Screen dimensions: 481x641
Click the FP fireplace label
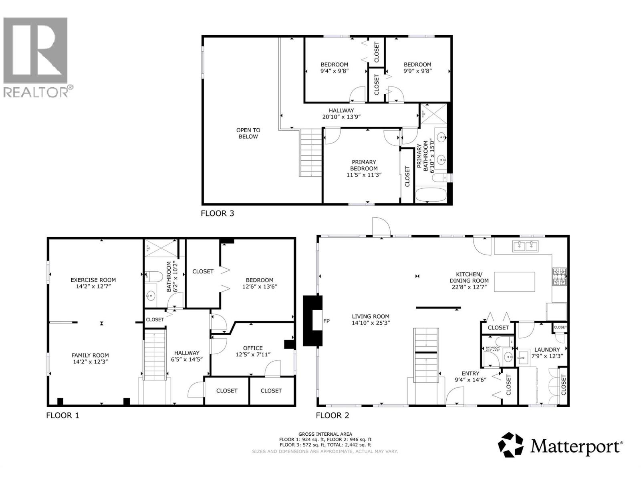click(327, 321)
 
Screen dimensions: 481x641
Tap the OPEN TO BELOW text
click(248, 133)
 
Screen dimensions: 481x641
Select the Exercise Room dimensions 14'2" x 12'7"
click(93, 287)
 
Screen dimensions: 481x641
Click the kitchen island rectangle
click(514, 282)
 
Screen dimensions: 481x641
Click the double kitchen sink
click(526, 246)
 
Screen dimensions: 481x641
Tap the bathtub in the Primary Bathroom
click(431, 195)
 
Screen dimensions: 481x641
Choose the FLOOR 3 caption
click(217, 213)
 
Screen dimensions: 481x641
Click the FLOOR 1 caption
click(62, 415)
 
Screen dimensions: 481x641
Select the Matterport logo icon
click(511, 445)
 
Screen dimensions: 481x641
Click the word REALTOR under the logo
click(36, 92)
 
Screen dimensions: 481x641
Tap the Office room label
click(253, 348)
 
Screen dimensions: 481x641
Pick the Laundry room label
click(546, 350)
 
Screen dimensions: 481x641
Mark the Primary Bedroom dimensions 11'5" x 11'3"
click(364, 175)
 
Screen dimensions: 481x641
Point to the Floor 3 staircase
click(311, 152)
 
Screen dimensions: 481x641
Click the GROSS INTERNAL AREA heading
click(325, 434)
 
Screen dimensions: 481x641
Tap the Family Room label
click(90, 355)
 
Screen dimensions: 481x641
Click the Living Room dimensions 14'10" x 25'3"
click(371, 323)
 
